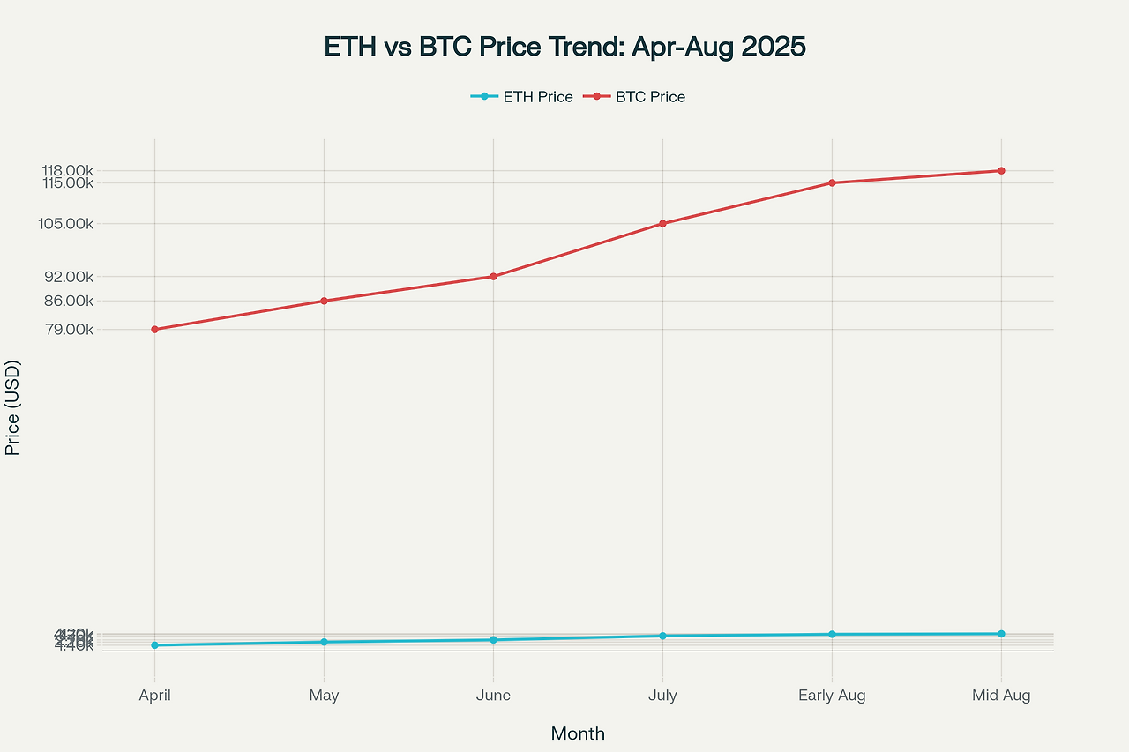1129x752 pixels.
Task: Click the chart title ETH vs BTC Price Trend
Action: (x=564, y=47)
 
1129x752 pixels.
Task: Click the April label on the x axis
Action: (x=155, y=696)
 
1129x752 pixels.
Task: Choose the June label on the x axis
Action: (x=493, y=696)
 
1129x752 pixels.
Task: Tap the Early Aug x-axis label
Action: (x=832, y=696)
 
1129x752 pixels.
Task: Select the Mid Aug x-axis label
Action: (x=1001, y=696)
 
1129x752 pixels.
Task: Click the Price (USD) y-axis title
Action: (x=12, y=407)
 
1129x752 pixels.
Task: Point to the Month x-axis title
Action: (x=578, y=733)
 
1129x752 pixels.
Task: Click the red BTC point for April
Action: (x=155, y=330)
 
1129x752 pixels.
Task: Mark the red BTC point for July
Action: (x=662, y=224)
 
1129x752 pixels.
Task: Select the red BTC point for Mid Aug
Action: (x=1001, y=171)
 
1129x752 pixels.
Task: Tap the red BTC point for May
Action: (x=324, y=302)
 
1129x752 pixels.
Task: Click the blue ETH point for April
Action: (x=155, y=645)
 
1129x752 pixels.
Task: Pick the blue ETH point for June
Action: (x=493, y=640)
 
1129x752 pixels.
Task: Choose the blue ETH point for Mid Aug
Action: (x=1001, y=634)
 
